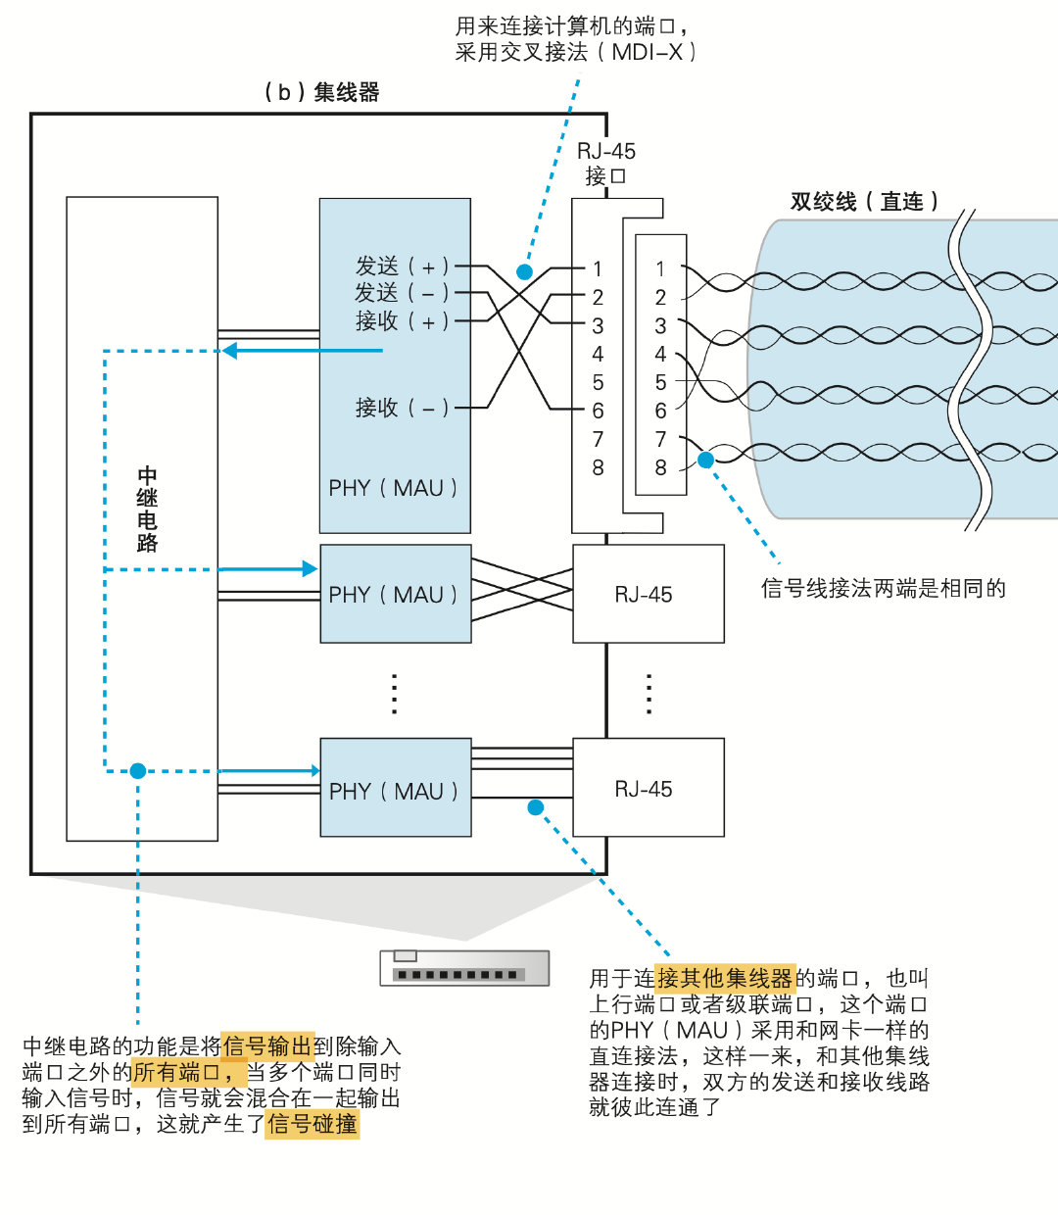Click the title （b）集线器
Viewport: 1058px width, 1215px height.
coord(321,92)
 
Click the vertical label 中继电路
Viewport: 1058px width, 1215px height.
coord(147,510)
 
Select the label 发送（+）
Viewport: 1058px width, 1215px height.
coord(402,266)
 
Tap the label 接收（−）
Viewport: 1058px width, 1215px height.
coord(402,407)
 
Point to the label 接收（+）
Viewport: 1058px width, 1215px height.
coord(402,320)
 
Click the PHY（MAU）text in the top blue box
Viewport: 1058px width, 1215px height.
coord(393,488)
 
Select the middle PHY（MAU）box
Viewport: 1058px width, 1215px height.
coord(396,594)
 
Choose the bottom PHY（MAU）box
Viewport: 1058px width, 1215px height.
coord(396,788)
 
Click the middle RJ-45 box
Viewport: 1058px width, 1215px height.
coord(648,594)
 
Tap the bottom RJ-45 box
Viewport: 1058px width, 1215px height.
coord(648,788)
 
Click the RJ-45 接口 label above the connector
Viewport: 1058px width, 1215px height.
coord(605,164)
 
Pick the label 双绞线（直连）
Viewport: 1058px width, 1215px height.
coord(864,202)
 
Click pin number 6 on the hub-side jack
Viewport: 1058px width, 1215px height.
coord(598,411)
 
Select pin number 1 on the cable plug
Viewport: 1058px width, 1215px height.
coord(660,268)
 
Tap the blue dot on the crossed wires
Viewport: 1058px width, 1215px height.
coord(525,272)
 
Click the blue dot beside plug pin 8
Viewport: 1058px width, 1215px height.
coord(705,459)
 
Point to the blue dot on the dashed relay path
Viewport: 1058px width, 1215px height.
coord(138,771)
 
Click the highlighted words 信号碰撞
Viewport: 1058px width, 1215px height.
coord(313,1124)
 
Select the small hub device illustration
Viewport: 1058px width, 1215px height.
coord(464,968)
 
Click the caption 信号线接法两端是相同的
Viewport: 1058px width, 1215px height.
coord(884,588)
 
